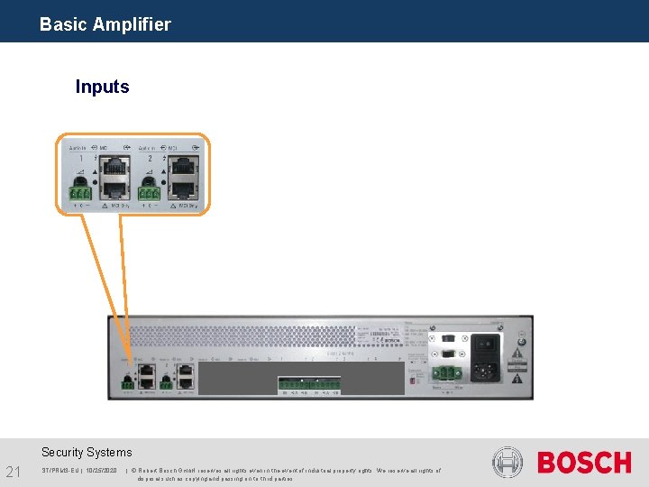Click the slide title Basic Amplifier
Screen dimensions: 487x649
[x=105, y=24]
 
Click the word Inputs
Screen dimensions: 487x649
[x=102, y=87]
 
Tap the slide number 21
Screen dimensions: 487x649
[x=14, y=472]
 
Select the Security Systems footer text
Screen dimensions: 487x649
[x=87, y=452]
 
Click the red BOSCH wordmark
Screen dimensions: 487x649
[x=584, y=463]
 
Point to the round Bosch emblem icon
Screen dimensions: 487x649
[x=507, y=463]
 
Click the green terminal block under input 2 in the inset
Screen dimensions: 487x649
[x=149, y=192]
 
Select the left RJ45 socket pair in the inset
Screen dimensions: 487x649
[x=115, y=178]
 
